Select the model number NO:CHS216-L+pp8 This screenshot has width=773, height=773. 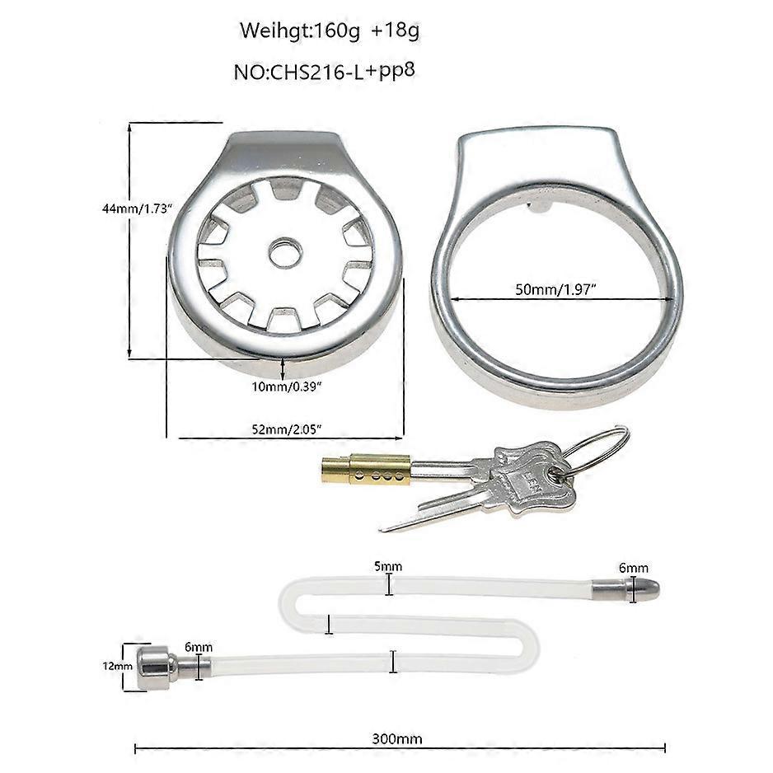coord(325,72)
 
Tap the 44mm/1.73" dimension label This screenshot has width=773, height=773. coord(137,208)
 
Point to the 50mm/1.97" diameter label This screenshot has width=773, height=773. coord(555,289)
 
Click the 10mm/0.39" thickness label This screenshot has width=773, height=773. coord(287,386)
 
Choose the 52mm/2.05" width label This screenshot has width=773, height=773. coord(287,429)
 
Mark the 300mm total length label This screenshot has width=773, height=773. coord(397,739)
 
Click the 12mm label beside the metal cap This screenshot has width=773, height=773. coord(117,667)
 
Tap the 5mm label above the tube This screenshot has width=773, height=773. coord(388,566)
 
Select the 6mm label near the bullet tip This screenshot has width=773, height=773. coord(634,568)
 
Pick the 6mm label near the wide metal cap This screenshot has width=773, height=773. coord(199,647)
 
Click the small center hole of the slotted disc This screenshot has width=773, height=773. coord(285,253)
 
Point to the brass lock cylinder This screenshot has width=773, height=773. coord(366,470)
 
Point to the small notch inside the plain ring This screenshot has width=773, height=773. coord(539,208)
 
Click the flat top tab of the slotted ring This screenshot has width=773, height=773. coord(285,144)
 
